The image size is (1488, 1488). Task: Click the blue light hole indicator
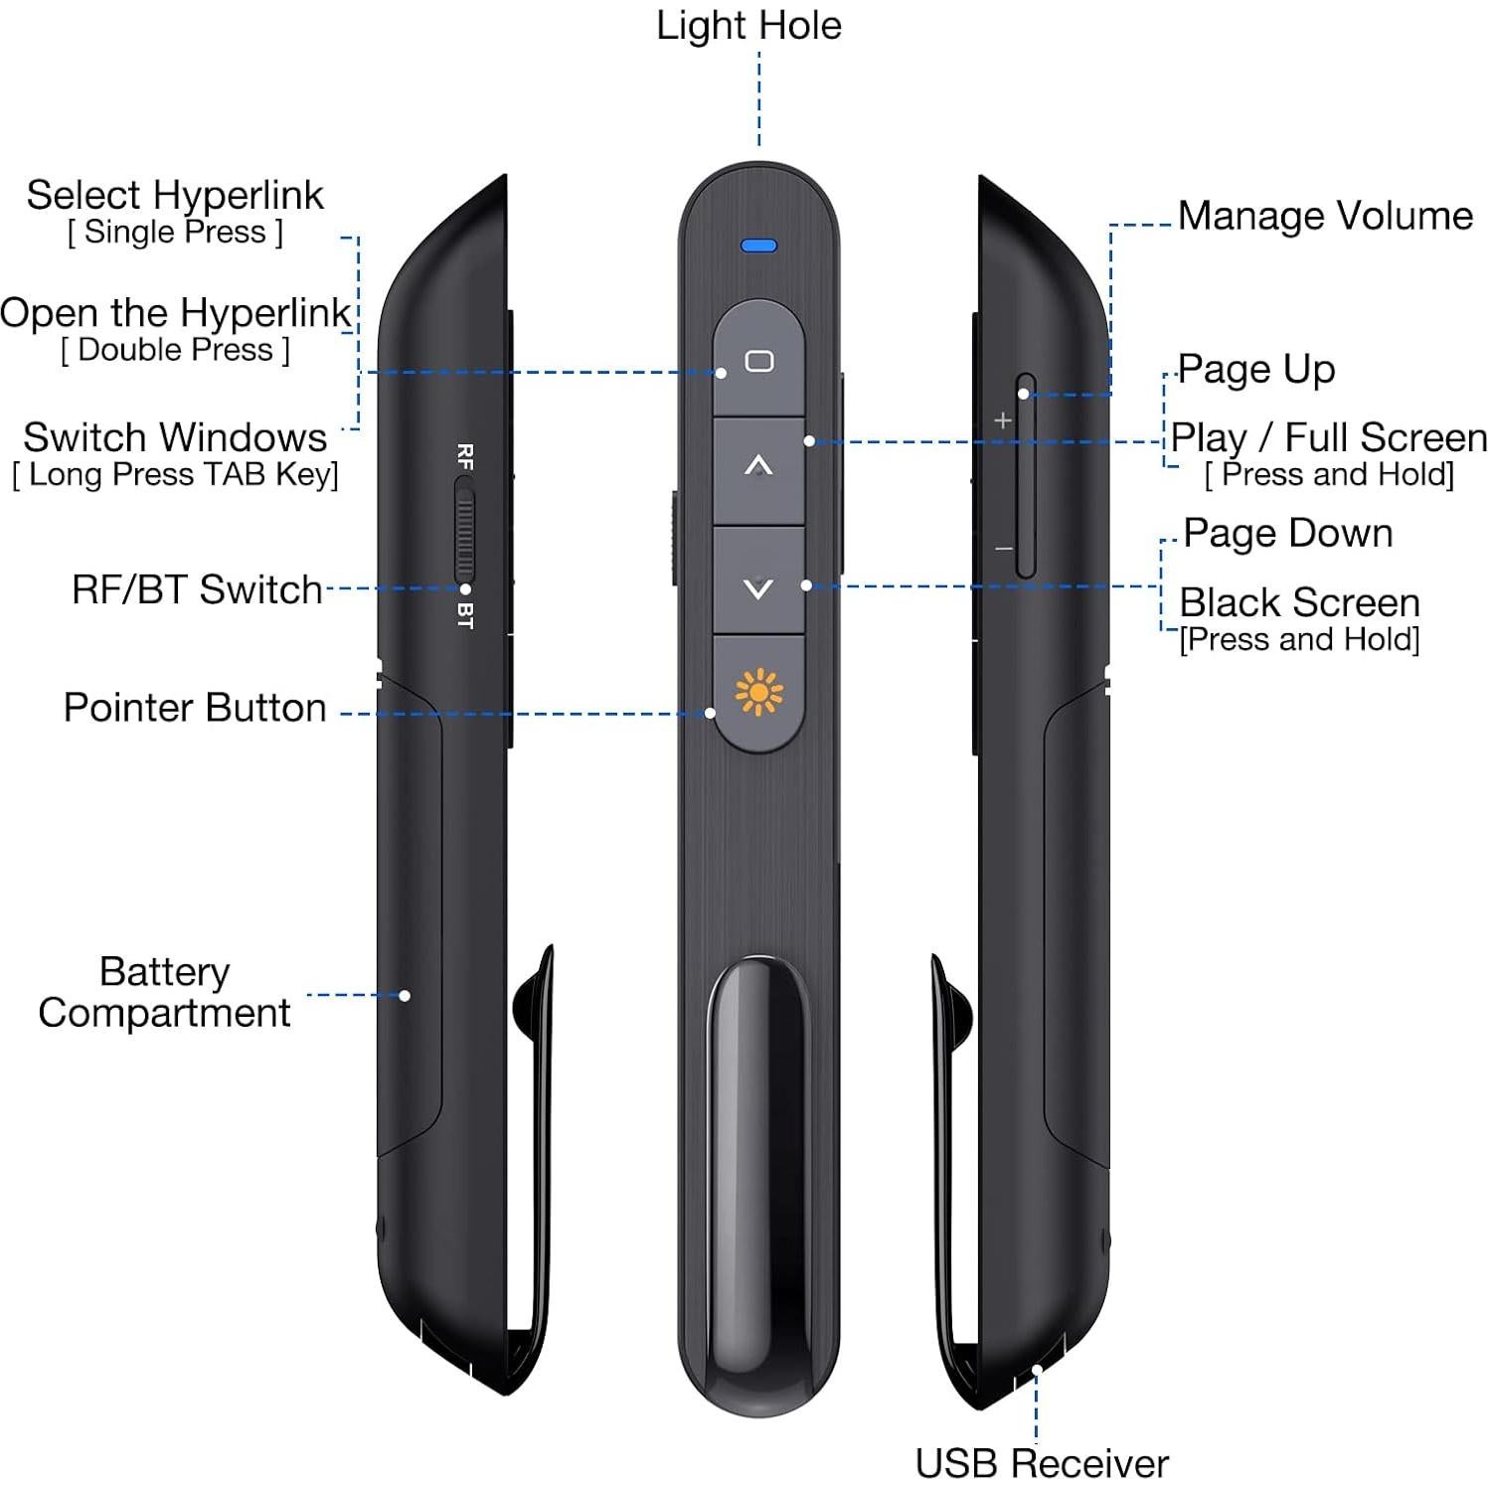[x=758, y=246]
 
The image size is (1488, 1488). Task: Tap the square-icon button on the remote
[x=758, y=360]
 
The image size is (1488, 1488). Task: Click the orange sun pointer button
[x=758, y=692]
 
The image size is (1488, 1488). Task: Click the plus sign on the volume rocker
[x=1003, y=420]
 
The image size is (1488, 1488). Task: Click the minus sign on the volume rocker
[x=1004, y=549]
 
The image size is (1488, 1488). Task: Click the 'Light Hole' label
[x=748, y=26]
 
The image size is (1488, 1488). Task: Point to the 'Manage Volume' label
[x=1325, y=216]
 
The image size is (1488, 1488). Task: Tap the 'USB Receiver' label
[x=1041, y=1463]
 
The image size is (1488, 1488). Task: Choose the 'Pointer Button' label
[x=195, y=708]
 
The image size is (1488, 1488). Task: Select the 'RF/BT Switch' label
[x=197, y=589]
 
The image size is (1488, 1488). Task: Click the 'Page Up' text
[x=1256, y=369]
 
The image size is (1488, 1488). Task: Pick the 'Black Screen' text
[x=1299, y=602]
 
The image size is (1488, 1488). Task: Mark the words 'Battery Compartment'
[x=164, y=992]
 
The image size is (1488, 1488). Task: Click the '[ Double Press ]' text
[x=175, y=350]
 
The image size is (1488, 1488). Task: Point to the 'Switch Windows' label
[x=175, y=437]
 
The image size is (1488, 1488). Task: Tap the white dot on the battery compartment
[x=405, y=995]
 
